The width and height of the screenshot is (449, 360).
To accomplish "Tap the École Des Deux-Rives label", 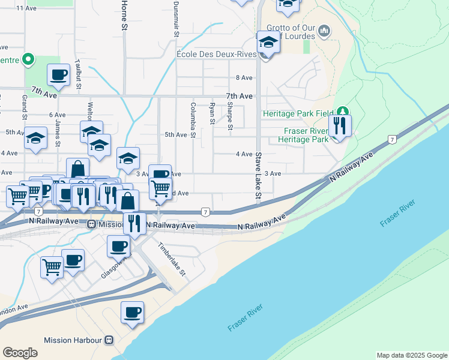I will click(x=216, y=55).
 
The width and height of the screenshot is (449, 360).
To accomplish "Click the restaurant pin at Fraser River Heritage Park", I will click(x=340, y=125).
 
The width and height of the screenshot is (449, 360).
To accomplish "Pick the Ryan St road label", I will click(x=212, y=113).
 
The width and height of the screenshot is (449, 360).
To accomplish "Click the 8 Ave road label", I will click(x=244, y=77).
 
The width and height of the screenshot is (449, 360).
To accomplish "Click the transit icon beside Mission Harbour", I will click(x=109, y=340).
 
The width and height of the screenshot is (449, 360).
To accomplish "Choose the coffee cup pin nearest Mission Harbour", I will click(x=132, y=312).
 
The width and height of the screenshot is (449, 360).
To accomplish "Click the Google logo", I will click(x=20, y=353).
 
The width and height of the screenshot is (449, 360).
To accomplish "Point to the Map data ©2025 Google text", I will click(x=412, y=355).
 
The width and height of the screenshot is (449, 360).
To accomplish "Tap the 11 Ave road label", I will click(x=27, y=8).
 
